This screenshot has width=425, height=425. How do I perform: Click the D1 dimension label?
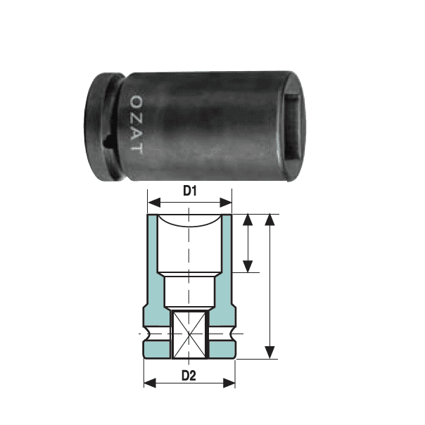(190, 191)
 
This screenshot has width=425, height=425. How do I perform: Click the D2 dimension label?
(189, 376)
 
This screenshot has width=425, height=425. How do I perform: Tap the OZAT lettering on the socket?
(137, 125)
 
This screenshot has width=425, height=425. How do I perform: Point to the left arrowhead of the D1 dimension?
(154, 202)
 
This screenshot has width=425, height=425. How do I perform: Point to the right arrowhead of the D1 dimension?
(225, 202)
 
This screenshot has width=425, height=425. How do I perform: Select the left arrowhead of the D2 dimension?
(150, 383)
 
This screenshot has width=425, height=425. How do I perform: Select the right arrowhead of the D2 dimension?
(229, 383)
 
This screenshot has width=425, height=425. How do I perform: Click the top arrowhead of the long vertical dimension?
(269, 220)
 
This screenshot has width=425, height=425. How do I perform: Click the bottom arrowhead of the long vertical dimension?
(269, 353)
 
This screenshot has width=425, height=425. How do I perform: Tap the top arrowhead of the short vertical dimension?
(248, 220)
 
